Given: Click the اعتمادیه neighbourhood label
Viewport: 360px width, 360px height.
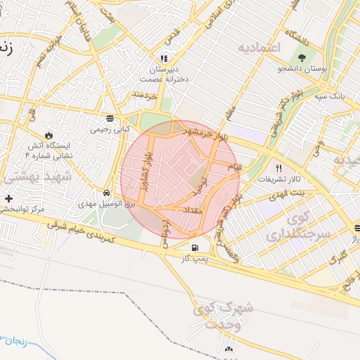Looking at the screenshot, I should [x=259, y=48].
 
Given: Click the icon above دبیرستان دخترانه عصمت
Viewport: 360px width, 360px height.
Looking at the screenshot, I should [x=164, y=59].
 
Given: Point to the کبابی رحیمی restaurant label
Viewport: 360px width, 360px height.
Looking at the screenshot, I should [x=109, y=129].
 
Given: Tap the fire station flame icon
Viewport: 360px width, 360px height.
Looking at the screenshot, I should [x=49, y=134].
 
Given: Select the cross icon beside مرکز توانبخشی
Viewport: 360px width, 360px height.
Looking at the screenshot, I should [x=8, y=199].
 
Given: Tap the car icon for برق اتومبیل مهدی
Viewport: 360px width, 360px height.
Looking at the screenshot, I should [x=106, y=192].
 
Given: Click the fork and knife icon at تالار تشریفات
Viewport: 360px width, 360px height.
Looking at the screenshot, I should [x=279, y=168].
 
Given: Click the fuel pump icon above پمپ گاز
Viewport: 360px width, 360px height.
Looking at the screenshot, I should [x=195, y=247].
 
